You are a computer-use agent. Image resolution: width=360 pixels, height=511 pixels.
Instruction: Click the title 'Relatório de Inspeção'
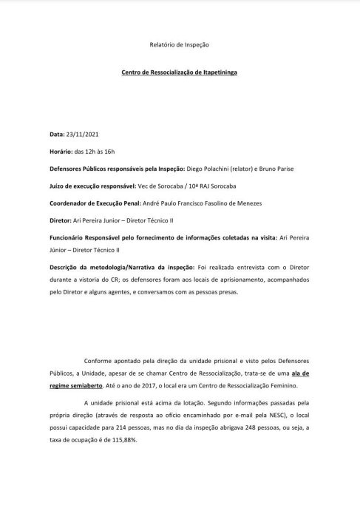[180, 44]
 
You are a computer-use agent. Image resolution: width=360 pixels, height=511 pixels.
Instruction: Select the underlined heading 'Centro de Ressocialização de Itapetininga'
[180, 72]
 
